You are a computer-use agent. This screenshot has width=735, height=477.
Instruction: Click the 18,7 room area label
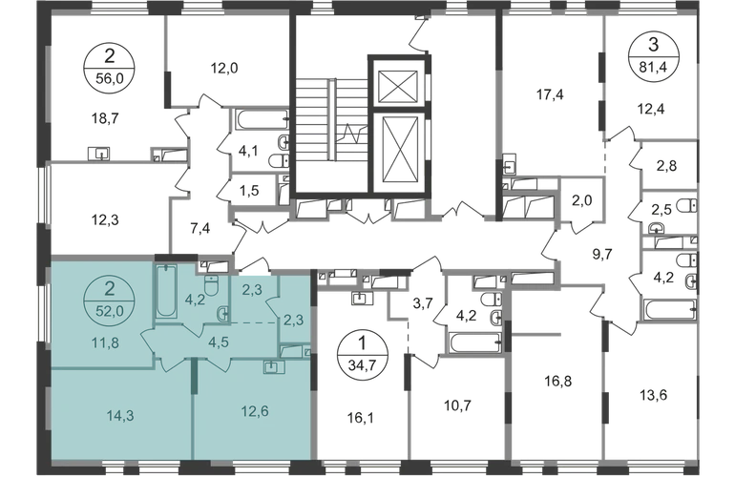tap(105, 118)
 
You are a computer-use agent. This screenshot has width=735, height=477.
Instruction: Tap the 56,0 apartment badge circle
tap(109, 68)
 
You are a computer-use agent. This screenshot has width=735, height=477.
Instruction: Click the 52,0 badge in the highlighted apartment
tap(109, 300)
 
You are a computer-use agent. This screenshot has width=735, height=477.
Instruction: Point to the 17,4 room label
tap(551, 95)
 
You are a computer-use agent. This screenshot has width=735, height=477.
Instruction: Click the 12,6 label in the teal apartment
tap(255, 411)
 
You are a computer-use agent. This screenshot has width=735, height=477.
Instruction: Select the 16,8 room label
tap(557, 381)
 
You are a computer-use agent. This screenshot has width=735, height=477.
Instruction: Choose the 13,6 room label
tap(654, 395)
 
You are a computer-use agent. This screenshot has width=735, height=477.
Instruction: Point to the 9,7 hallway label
tap(602, 255)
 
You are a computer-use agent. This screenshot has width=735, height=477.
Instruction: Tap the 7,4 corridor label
tap(200, 229)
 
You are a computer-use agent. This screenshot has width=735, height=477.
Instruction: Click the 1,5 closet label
tap(248, 192)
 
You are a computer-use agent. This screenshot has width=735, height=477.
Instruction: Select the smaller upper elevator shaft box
tap(397, 86)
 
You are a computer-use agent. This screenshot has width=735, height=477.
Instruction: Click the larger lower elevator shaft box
tap(399, 150)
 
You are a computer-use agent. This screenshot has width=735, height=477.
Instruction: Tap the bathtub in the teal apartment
tap(166, 292)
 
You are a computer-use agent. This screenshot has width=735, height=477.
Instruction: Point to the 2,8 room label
tap(666, 166)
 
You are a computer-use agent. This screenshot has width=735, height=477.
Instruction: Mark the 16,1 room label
tap(361, 419)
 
